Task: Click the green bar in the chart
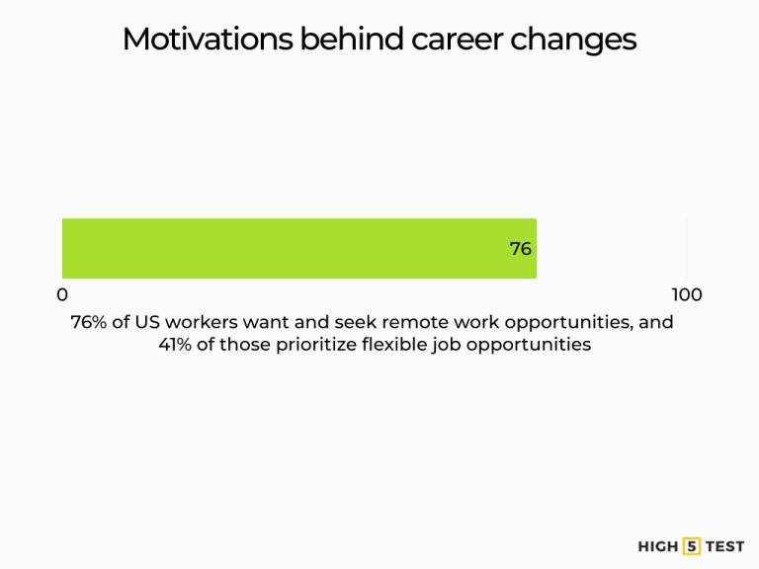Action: [296, 248]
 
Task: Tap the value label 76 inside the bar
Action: [521, 249]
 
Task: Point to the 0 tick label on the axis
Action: [62, 294]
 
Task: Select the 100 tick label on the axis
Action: [686, 294]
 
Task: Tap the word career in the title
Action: [452, 40]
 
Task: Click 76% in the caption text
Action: [90, 322]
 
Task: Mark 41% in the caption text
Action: [178, 345]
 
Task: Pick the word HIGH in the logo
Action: [658, 546]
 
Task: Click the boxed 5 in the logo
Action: [692, 546]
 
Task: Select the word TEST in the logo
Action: [724, 546]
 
